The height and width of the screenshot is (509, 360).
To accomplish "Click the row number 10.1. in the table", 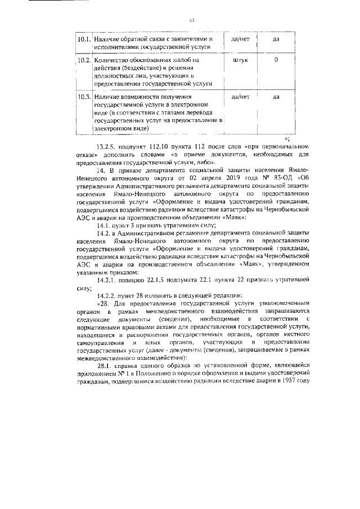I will (84, 39).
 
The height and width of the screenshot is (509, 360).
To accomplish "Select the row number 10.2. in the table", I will (84, 60).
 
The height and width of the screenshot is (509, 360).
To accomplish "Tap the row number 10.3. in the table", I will (84, 97).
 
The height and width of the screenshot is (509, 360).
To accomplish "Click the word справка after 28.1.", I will (133, 366).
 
